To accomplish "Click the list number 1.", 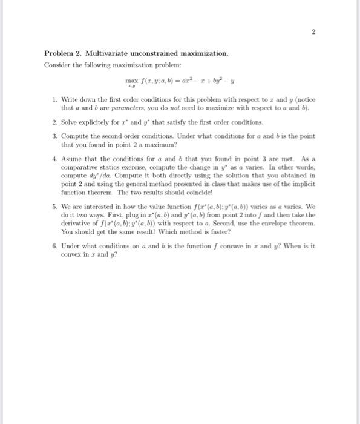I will click(x=54, y=98).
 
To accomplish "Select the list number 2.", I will click(x=54, y=122).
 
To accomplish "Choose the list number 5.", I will click(x=54, y=207).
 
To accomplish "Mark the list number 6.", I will click(x=54, y=247).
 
